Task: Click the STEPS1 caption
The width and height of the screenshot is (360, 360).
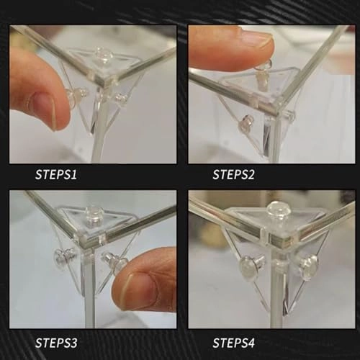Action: [x=56, y=174]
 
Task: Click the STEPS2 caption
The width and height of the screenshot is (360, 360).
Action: [x=233, y=174]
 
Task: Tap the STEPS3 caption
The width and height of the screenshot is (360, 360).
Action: [x=56, y=343]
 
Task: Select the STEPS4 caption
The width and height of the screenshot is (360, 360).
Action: [x=233, y=343]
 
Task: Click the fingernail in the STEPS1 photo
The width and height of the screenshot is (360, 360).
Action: [x=45, y=110]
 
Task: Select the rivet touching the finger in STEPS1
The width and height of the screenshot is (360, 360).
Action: [x=76, y=96]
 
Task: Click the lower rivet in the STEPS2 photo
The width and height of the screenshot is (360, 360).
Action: [x=246, y=124]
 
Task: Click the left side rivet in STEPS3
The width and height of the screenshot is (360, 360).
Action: [x=63, y=256]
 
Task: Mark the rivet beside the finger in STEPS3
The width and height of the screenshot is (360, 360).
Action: [x=114, y=262]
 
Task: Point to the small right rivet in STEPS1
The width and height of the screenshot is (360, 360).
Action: [x=120, y=97]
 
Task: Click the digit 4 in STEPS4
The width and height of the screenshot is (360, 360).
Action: [x=251, y=343]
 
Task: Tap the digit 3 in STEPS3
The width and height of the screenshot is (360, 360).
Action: [x=73, y=343]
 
